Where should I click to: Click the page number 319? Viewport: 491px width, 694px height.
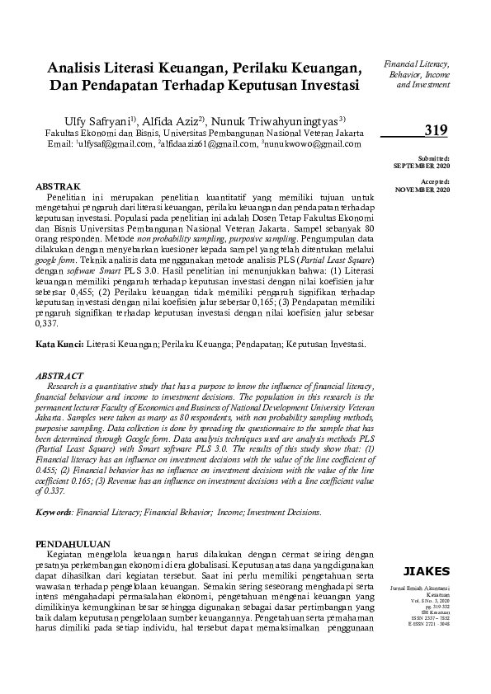pos(435,129)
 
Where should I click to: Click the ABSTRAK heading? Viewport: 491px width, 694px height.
pos(59,188)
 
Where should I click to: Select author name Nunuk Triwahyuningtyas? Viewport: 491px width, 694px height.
pos(289,122)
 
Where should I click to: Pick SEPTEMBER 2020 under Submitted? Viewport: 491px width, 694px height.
pos(423,165)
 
